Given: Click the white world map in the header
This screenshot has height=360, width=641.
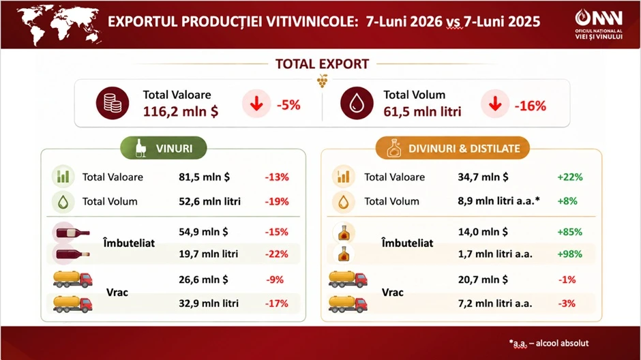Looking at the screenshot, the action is [x=59, y=25].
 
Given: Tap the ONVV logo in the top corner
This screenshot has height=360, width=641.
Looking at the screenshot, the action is [x=599, y=25].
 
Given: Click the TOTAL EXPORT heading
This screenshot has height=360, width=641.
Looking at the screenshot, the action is [x=322, y=64].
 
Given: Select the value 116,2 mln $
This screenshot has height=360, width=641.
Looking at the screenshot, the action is [x=181, y=111].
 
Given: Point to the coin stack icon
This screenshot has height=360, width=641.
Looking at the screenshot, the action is [x=113, y=103].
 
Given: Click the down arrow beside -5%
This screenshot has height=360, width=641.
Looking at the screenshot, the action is [x=256, y=104].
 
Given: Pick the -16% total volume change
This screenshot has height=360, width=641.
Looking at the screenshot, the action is [x=531, y=106].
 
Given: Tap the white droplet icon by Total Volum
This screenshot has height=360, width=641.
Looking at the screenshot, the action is [x=357, y=103].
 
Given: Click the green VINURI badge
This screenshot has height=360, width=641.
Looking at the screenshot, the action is [x=164, y=148].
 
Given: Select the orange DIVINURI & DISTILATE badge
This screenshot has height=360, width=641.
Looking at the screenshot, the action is [x=453, y=148].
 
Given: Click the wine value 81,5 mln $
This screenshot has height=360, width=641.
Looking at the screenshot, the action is [x=204, y=177].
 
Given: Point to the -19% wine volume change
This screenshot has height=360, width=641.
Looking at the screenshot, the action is [x=277, y=201].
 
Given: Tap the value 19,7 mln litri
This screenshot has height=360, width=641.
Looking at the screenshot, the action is [x=209, y=254].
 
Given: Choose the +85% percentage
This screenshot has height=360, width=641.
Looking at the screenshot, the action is [x=570, y=232].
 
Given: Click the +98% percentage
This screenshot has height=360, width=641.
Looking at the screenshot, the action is [x=570, y=254].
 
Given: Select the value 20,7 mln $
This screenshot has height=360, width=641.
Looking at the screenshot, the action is [x=483, y=280].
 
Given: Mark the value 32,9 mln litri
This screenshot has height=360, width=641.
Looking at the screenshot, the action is [x=209, y=303].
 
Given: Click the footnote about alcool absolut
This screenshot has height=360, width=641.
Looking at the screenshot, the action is [x=549, y=343].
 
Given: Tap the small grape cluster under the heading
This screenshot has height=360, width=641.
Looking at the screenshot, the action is [x=322, y=81].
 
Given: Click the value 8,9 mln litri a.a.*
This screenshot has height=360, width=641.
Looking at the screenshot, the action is [x=498, y=200].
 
